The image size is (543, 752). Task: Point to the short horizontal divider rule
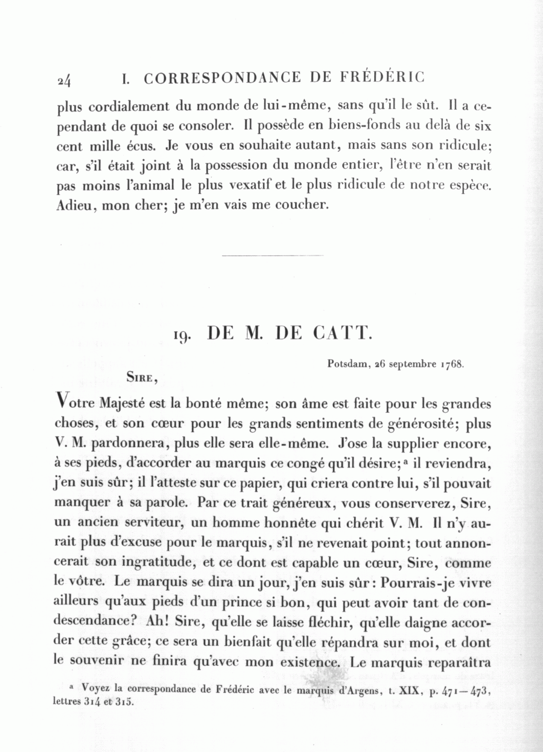(272, 255)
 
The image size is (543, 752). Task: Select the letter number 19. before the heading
(182, 334)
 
